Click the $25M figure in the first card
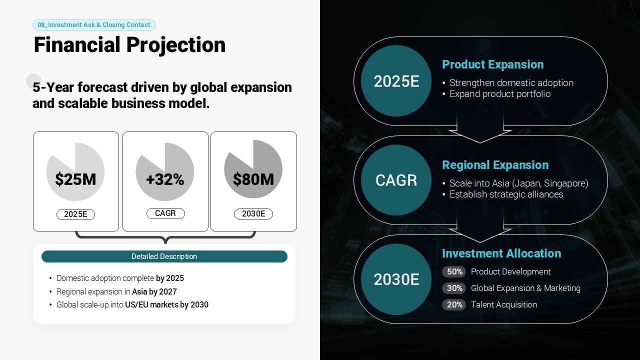tap(75, 179)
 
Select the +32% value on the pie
tap(165, 179)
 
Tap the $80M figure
tap(253, 179)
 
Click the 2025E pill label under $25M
tap(75, 214)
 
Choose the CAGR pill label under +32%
tap(165, 213)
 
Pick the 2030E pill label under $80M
tap(253, 214)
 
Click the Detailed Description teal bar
tap(164, 256)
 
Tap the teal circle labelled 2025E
tap(396, 81)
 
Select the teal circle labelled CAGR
tap(396, 180)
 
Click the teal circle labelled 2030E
tap(396, 279)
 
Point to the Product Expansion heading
tap(493, 64)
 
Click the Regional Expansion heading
tap(495, 165)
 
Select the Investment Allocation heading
tap(501, 253)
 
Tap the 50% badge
tap(454, 271)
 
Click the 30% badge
tap(454, 288)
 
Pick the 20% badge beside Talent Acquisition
tap(454, 305)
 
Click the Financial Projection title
tap(129, 45)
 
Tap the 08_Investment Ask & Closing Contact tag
tap(94, 25)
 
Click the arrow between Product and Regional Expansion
tap(480, 128)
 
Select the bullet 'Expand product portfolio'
tap(500, 94)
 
